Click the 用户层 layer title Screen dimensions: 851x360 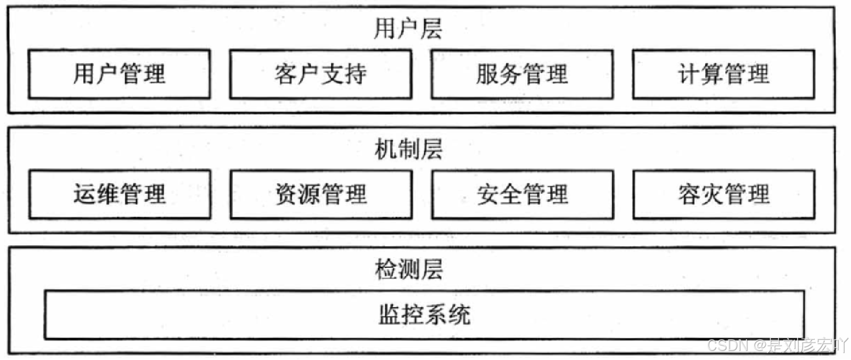pyautogui.click(x=408, y=28)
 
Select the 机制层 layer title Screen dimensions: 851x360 pyautogui.click(x=408, y=149)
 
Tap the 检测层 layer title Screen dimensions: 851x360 pyautogui.click(x=408, y=269)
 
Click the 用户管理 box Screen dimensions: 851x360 pyautogui.click(x=119, y=74)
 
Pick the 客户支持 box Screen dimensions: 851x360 pyautogui.click(x=321, y=74)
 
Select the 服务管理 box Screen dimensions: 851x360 pyautogui.click(x=522, y=74)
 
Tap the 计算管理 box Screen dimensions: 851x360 pyautogui.click(x=723, y=74)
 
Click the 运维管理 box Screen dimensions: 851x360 pyautogui.click(x=120, y=194)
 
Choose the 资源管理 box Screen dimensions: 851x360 pyautogui.click(x=321, y=194)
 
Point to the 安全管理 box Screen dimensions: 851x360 pyautogui.click(x=522, y=194)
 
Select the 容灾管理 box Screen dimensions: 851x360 pyautogui.click(x=723, y=194)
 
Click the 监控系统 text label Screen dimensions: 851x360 pyautogui.click(x=424, y=315)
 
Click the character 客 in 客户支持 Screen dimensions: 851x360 pyautogui.click(x=286, y=74)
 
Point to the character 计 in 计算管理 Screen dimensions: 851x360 pyautogui.click(x=689, y=74)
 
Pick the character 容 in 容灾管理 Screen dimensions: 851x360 pyautogui.click(x=689, y=194)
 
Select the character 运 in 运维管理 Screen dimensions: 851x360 pyautogui.click(x=85, y=194)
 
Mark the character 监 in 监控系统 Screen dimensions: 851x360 pyautogui.click(x=389, y=315)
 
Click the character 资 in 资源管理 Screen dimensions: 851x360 pyautogui.click(x=286, y=194)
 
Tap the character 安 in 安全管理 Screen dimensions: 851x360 pyautogui.click(x=488, y=194)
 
